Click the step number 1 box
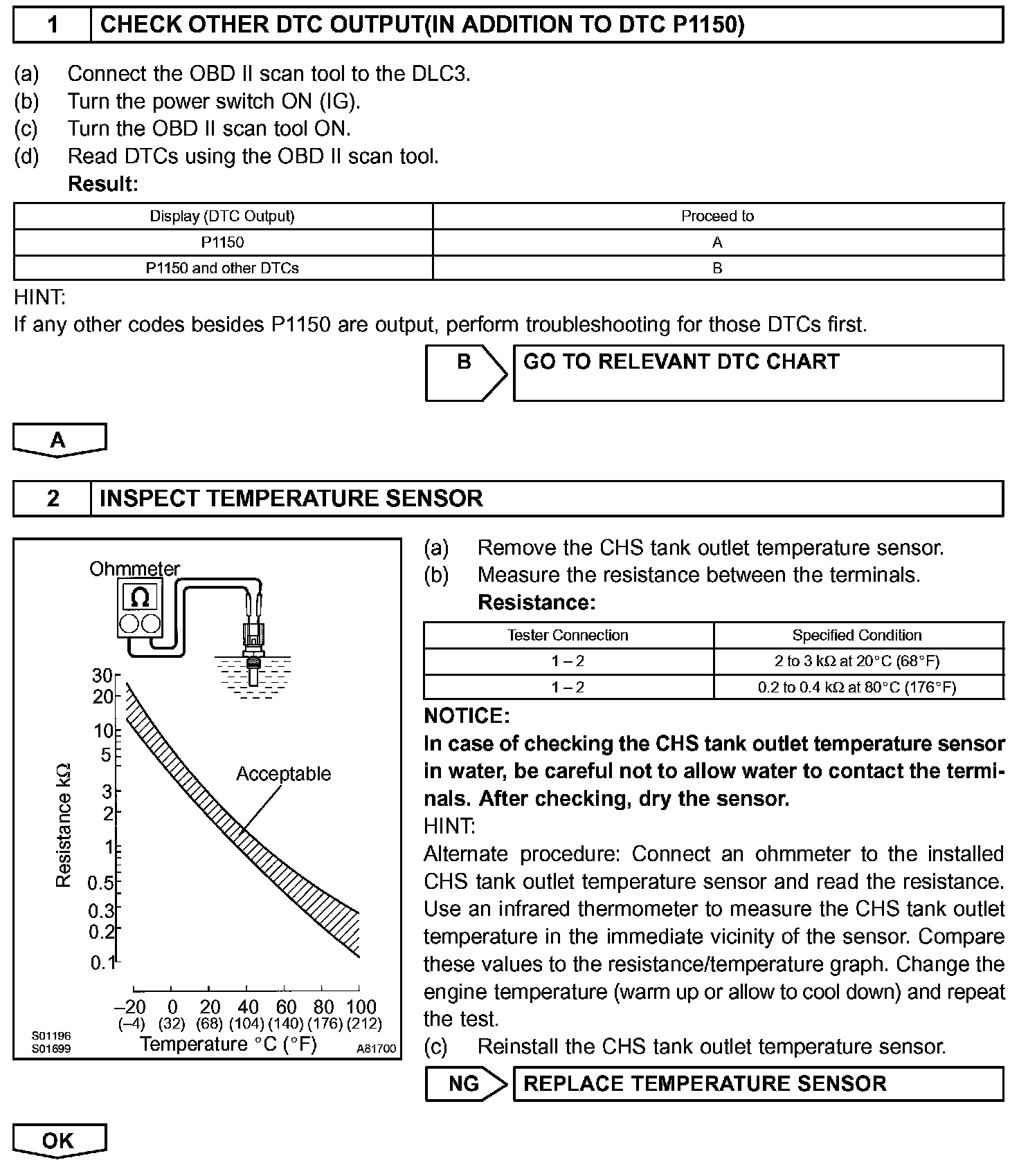click(x=53, y=25)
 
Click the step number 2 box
click(x=53, y=499)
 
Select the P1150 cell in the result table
click(x=223, y=242)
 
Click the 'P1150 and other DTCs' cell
click(x=223, y=268)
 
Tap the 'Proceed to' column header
click(x=717, y=216)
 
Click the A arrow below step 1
click(x=59, y=441)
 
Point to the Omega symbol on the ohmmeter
click(x=140, y=598)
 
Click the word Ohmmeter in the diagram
click(x=134, y=569)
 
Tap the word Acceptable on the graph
click(x=283, y=773)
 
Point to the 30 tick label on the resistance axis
click(x=102, y=676)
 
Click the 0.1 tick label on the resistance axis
click(x=102, y=963)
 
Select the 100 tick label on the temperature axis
click(x=361, y=1006)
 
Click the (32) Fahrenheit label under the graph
click(x=172, y=1023)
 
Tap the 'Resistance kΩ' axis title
click(x=64, y=825)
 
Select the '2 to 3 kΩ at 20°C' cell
click(x=857, y=661)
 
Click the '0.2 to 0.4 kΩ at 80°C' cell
click(x=857, y=687)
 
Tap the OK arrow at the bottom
click(x=59, y=1141)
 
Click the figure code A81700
click(x=376, y=1049)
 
